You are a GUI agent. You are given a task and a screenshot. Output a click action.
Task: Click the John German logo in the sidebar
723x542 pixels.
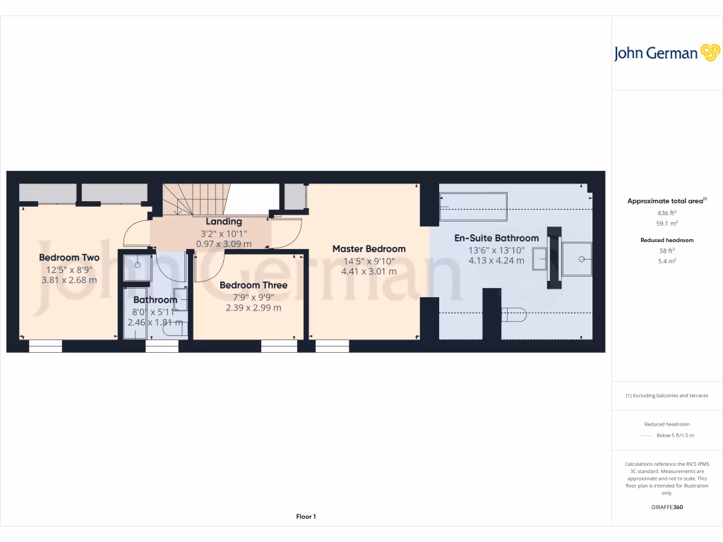(x=666, y=53)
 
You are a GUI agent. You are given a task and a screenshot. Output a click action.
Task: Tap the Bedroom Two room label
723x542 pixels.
(x=69, y=258)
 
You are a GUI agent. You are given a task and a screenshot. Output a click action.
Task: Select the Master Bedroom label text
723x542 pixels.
(x=369, y=248)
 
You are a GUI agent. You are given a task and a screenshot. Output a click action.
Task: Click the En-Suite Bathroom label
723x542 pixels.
(x=496, y=238)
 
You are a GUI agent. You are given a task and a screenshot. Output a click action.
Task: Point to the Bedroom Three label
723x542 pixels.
(x=253, y=285)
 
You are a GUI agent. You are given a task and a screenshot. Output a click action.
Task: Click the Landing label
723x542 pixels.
(x=223, y=222)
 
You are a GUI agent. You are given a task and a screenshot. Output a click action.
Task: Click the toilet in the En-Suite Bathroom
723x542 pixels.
(x=513, y=315)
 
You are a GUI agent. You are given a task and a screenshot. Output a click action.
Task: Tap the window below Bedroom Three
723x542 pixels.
(x=279, y=346)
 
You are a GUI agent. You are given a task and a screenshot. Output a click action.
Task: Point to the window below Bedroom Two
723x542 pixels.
(x=45, y=346)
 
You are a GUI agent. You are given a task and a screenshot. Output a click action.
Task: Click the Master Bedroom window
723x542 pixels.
(x=332, y=346)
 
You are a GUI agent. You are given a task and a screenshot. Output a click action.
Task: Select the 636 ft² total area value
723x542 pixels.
(x=663, y=212)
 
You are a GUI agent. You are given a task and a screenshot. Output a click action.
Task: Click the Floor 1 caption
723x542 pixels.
(x=306, y=517)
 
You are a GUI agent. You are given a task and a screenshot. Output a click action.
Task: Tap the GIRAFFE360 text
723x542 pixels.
(x=667, y=507)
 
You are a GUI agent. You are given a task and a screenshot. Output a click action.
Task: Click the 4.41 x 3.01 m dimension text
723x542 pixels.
(x=369, y=271)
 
